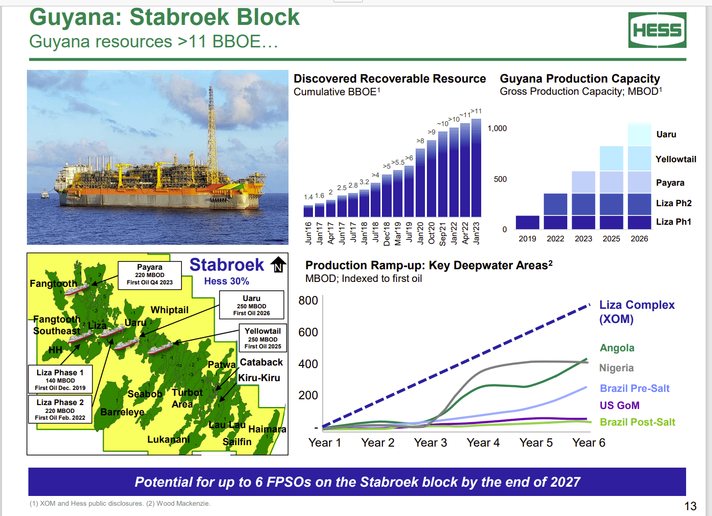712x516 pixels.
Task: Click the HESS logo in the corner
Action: (657, 30)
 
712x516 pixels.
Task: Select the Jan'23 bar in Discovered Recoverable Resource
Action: (476, 169)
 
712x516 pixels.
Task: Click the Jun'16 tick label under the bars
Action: (309, 233)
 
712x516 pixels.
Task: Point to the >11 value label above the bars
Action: (476, 111)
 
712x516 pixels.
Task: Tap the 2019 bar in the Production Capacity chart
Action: (527, 222)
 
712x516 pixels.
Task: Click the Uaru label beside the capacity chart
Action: (666, 134)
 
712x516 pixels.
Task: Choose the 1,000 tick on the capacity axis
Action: (497, 129)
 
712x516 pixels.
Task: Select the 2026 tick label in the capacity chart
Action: (639, 239)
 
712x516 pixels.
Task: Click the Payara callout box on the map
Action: (150, 275)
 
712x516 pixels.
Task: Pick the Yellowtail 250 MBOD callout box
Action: (263, 338)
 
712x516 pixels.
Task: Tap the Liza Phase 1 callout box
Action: (60, 380)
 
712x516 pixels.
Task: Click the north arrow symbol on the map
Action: (278, 264)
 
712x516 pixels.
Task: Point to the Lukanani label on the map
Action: (168, 439)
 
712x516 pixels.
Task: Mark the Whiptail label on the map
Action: (169, 310)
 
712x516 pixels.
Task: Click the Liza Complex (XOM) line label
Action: (637, 312)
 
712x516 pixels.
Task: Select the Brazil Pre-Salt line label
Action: (634, 388)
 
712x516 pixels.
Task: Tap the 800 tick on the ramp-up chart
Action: (308, 301)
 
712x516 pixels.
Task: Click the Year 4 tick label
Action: (483, 443)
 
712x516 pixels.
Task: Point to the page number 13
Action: (690, 506)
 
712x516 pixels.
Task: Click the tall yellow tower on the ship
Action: (212, 127)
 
